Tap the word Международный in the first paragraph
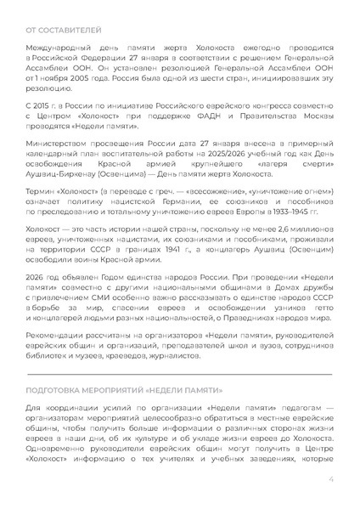(x=58, y=53)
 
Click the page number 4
(x=330, y=478)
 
